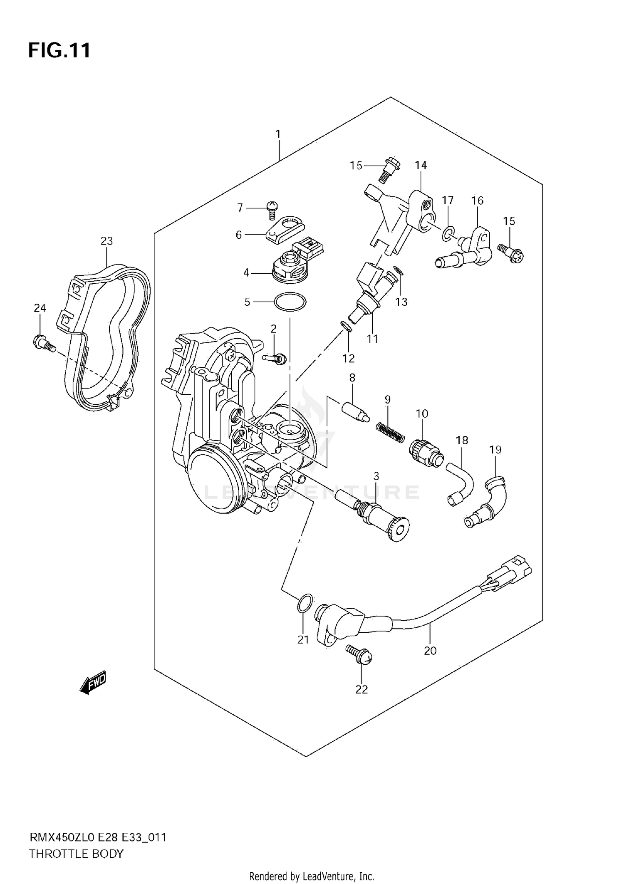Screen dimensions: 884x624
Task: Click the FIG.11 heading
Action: coord(59,51)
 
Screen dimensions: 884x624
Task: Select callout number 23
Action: coord(106,241)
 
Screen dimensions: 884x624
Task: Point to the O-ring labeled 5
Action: coord(290,302)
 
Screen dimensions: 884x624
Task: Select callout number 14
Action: coord(421,165)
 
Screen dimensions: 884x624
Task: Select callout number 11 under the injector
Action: coord(372,339)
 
